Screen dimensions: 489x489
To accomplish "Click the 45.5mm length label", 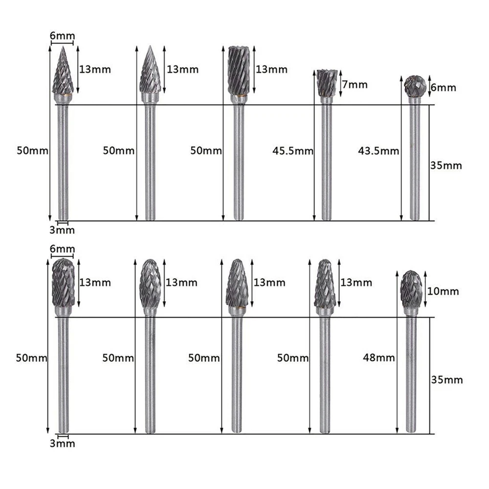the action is pyautogui.click(x=293, y=151).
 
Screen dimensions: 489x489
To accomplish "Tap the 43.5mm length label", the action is pyautogui.click(x=378, y=151).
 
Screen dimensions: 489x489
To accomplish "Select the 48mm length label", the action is pyautogui.click(x=379, y=357).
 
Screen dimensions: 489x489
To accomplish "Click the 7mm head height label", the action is pyautogui.click(x=355, y=85).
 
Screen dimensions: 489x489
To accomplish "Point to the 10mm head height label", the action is pyautogui.click(x=443, y=291).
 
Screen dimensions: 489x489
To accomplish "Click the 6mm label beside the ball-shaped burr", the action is pyautogui.click(x=444, y=88).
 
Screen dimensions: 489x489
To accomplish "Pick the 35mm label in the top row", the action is pyautogui.click(x=446, y=165).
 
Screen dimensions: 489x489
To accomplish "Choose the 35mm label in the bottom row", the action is pyautogui.click(x=447, y=380).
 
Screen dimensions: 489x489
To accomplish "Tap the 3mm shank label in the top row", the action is pyautogui.click(x=62, y=230).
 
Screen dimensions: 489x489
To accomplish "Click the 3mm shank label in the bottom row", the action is pyautogui.click(x=63, y=443).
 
